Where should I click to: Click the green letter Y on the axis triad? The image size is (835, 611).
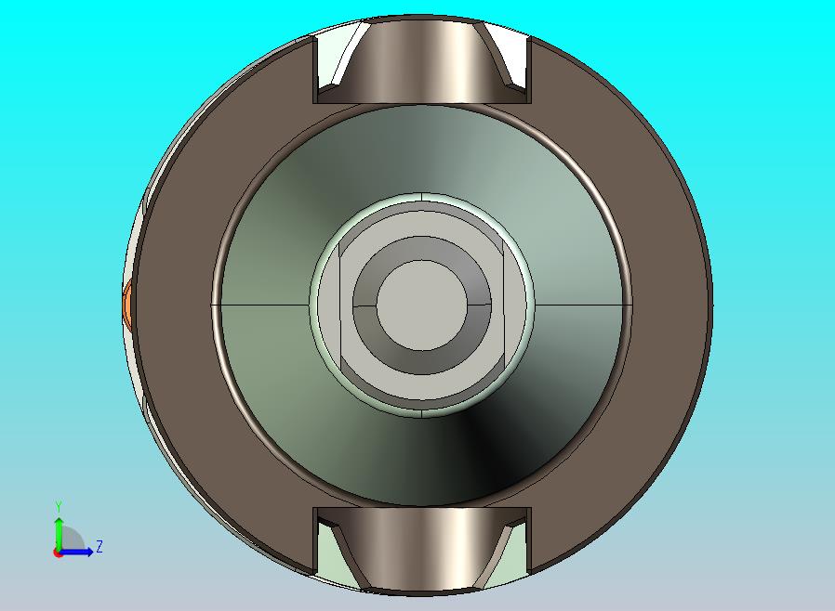(x=59, y=506)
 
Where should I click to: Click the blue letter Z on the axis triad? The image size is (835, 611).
(x=99, y=547)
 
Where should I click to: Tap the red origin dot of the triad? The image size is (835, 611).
(x=58, y=552)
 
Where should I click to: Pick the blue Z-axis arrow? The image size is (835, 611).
(x=80, y=552)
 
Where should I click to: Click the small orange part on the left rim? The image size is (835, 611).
(x=127, y=305)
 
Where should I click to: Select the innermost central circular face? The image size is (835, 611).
(x=422, y=305)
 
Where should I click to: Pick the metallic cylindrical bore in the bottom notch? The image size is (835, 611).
(x=423, y=550)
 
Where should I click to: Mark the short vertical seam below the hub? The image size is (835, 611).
(x=422, y=411)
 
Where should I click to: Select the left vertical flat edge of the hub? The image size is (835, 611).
(x=341, y=305)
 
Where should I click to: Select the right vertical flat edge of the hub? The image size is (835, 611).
(x=503, y=305)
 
